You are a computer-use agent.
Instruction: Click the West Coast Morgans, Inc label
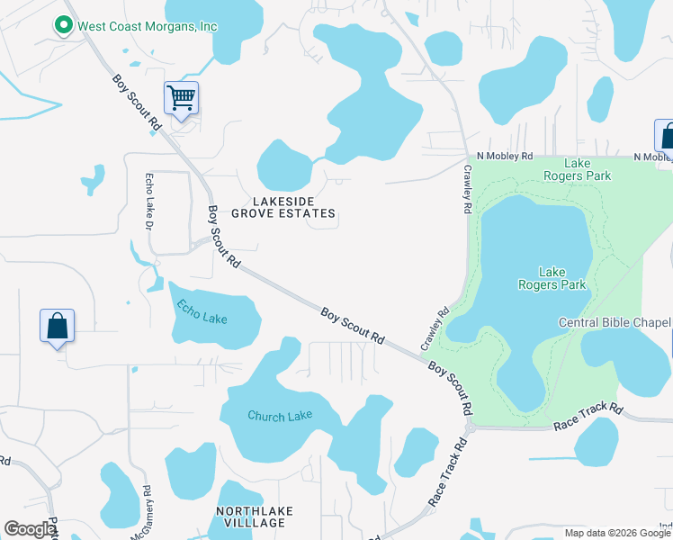148,26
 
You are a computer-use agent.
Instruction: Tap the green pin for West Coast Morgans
64,26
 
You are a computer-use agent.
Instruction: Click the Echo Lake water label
202,311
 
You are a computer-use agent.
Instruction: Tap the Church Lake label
280,416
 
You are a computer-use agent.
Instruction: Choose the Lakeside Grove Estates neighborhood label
283,207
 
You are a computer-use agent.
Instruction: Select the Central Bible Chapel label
615,322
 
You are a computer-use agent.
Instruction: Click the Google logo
30,529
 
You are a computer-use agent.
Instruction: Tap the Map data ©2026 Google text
617,533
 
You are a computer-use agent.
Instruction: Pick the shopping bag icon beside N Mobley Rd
666,137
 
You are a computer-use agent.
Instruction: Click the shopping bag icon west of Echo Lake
57,327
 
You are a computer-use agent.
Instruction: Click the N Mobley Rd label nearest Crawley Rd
505,155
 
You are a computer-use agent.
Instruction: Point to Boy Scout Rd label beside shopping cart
137,103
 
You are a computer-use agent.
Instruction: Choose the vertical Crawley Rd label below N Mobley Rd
468,188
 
